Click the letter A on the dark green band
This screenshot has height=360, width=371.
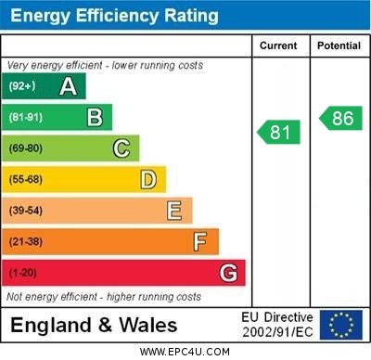(68, 86)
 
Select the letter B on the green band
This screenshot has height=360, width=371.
(95, 117)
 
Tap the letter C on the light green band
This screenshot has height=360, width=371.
(122, 148)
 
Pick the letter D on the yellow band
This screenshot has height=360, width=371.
(148, 179)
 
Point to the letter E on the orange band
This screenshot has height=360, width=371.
(174, 211)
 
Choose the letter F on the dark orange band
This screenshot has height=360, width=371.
(200, 242)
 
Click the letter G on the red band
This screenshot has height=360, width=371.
(228, 274)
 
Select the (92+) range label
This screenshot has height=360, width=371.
(23, 86)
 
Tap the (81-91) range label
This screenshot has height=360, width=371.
(26, 118)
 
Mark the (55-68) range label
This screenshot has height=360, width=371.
(26, 180)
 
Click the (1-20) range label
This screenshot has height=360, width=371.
(23, 274)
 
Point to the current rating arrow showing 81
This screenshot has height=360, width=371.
(279, 133)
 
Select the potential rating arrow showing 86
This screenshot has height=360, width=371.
(340, 118)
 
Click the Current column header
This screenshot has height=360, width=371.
(278, 45)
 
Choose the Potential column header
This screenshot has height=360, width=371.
(339, 45)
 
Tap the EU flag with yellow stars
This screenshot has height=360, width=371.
(341, 324)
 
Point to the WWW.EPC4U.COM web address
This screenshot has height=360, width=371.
(185, 352)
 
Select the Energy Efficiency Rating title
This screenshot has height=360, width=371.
(114, 16)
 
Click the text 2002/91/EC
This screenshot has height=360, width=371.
(277, 331)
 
